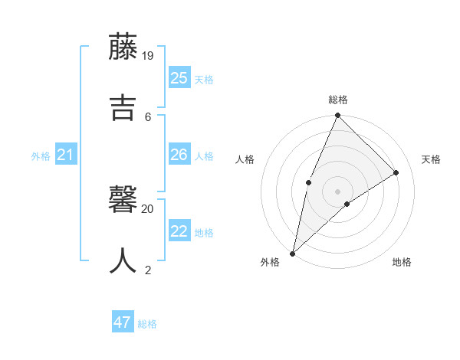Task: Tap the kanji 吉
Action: pyautogui.click(x=123, y=107)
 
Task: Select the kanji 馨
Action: pyautogui.click(x=123, y=200)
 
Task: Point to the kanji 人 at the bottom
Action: pyautogui.click(x=123, y=260)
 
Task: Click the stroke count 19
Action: pyautogui.click(x=149, y=55)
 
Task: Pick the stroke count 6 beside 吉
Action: pyautogui.click(x=148, y=116)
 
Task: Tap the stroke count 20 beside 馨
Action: pyautogui.click(x=148, y=208)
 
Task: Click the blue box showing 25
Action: pyautogui.click(x=179, y=77)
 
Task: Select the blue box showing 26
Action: pyautogui.click(x=179, y=155)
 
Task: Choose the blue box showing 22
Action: pyautogui.click(x=179, y=231)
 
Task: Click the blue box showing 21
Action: pyautogui.click(x=66, y=155)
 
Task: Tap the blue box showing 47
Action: pyautogui.click(x=123, y=322)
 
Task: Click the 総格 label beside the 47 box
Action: pyautogui.click(x=147, y=324)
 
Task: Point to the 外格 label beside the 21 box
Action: pyautogui.click(x=41, y=156)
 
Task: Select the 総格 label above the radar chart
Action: pyautogui.click(x=338, y=100)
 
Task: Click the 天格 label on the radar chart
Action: pyautogui.click(x=431, y=159)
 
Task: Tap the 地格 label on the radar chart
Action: pyautogui.click(x=402, y=263)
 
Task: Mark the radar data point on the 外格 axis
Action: pyautogui.click(x=292, y=254)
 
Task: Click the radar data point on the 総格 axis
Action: pyautogui.click(x=337, y=115)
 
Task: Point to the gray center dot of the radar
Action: pyautogui.click(x=337, y=191)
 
